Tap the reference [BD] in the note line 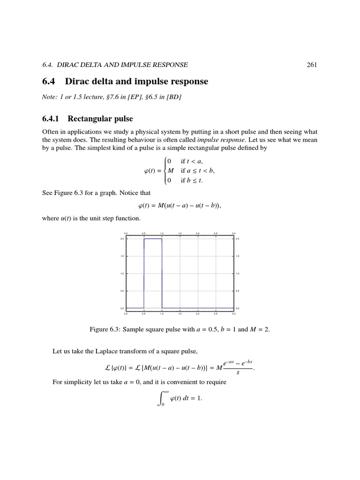[x=174, y=97]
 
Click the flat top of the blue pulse [x=153, y=239]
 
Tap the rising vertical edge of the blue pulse [x=144, y=272]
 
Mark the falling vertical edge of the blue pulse [x=162, y=272]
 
